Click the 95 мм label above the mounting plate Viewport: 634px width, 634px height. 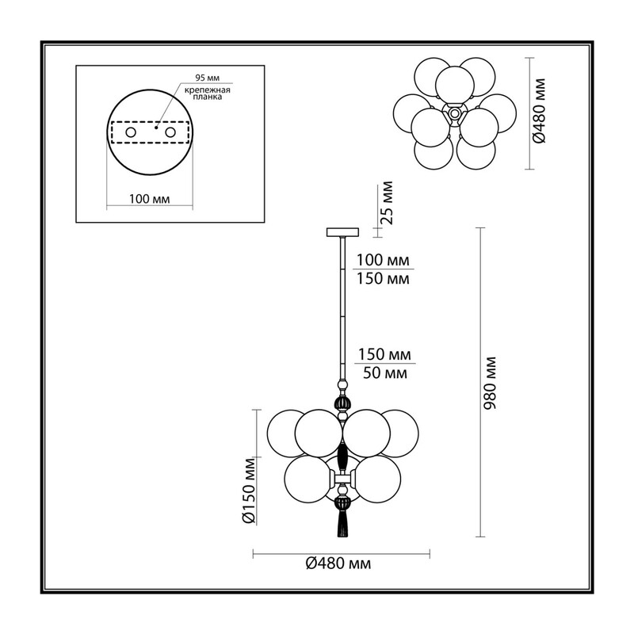tap(207, 78)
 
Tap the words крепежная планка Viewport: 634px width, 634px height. tap(208, 94)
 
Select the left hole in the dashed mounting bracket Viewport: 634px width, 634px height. tap(131, 132)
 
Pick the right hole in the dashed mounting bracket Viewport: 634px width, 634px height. tap(170, 132)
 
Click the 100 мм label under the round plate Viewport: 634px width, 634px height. tap(149, 199)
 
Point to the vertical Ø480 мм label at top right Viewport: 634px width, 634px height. tap(539, 111)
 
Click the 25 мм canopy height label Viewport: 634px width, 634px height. tap(387, 203)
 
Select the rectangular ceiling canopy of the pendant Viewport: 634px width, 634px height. tap(342, 232)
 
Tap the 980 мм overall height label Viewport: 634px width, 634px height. tap(490, 383)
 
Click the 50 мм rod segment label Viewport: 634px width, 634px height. tap(384, 372)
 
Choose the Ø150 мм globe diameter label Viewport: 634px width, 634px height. tap(250, 491)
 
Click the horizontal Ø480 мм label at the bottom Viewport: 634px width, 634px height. tap(338, 563)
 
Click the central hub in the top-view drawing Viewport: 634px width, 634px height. tap(455, 113)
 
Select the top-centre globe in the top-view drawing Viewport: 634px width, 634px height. tap(455, 85)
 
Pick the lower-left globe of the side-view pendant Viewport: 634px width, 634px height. tap(308, 479)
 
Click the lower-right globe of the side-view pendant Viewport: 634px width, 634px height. tap(377, 479)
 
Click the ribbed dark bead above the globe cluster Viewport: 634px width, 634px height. tap(342, 404)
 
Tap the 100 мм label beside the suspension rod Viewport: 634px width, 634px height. tap(382, 260)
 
